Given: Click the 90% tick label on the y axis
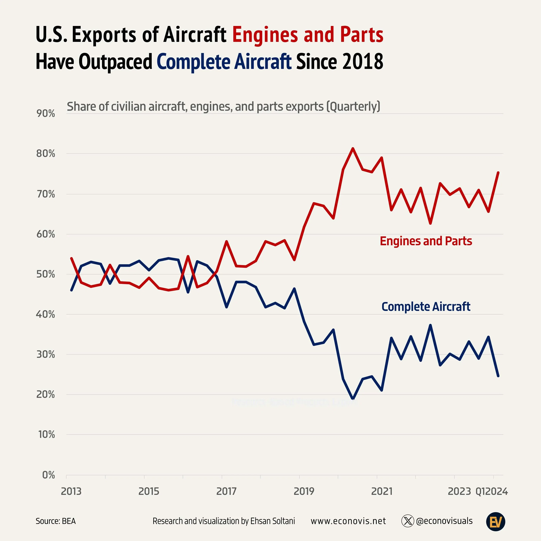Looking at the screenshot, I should point(46,113).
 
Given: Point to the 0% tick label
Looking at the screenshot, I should point(49,475).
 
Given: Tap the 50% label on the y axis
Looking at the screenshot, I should point(46,274).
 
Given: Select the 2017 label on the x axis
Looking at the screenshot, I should point(226,491).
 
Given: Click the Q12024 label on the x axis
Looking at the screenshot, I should point(492,491).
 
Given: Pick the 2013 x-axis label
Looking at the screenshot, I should point(71,491).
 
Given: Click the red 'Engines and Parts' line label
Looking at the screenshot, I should point(426,241).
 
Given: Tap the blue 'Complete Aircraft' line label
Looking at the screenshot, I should point(426,307).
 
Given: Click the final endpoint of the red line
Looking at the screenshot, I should point(498,173).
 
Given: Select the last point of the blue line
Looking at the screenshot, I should point(498,376).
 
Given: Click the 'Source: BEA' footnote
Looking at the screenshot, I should point(55,521).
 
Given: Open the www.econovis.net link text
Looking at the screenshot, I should point(348,521).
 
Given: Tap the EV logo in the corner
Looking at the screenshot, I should point(495,522).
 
